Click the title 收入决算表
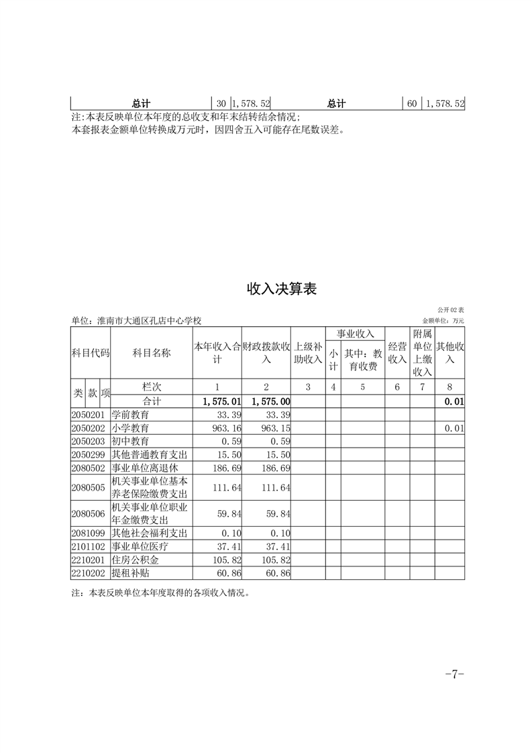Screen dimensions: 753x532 pyautogui.click(x=281, y=289)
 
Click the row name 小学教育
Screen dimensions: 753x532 pyautogui.click(x=130, y=428)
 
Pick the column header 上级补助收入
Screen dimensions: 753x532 pyautogui.click(x=309, y=353)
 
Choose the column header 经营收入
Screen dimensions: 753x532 pyautogui.click(x=397, y=353)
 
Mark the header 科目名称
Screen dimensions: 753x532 pyautogui.click(x=152, y=353)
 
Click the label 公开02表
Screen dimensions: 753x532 pyautogui.click(x=450, y=310)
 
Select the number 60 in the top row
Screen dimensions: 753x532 pyautogui.click(x=412, y=103)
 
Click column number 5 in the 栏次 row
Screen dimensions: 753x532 pyautogui.click(x=362, y=387)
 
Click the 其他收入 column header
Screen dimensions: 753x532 pyautogui.click(x=449, y=353)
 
